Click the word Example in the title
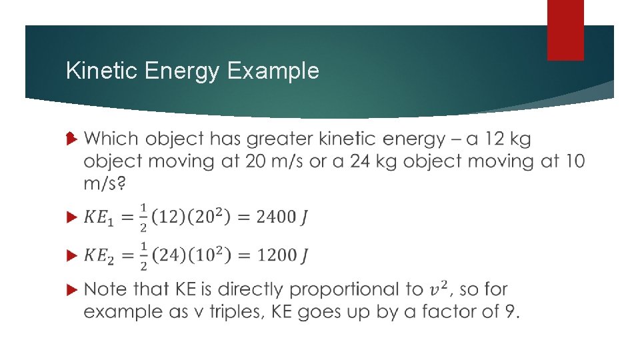click(273, 71)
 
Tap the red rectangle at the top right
click(565, 30)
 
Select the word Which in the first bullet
click(111, 139)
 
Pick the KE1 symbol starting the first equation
click(100, 217)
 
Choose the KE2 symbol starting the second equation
click(100, 256)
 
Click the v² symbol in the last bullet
click(437, 289)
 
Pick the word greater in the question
click(281, 139)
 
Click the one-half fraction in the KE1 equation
click(143, 217)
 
